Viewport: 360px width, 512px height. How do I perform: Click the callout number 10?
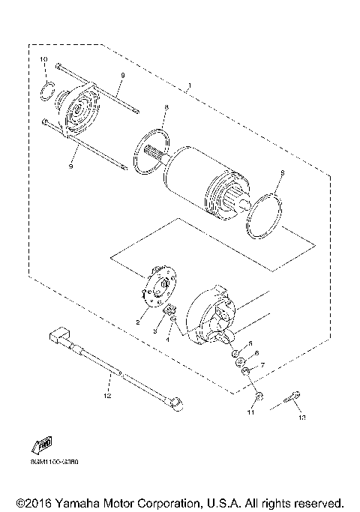coord(43,58)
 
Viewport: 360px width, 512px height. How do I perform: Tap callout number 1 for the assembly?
coord(190,88)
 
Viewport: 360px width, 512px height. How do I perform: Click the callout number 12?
coord(107,394)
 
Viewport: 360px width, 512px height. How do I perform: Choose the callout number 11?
coord(251,413)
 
